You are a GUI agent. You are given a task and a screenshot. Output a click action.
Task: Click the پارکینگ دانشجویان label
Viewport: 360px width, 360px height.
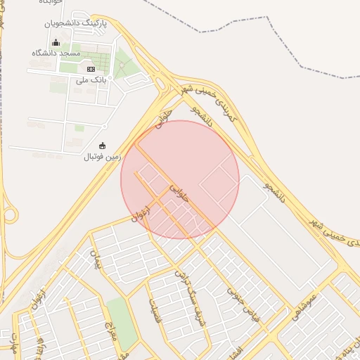coord(71,23)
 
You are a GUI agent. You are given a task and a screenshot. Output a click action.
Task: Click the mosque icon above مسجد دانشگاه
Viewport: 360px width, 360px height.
coord(56,43)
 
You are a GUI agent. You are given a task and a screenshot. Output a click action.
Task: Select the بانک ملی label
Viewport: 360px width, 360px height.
coord(91,80)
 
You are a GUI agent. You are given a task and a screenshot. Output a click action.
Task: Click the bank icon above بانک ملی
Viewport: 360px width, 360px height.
coord(91,69)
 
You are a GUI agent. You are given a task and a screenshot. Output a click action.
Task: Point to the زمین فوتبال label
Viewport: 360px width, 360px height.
coord(103,156)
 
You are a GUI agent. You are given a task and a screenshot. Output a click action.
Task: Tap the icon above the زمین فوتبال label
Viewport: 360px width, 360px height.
coord(103,146)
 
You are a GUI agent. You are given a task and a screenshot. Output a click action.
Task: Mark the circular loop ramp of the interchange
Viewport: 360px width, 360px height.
coord(8,214)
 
